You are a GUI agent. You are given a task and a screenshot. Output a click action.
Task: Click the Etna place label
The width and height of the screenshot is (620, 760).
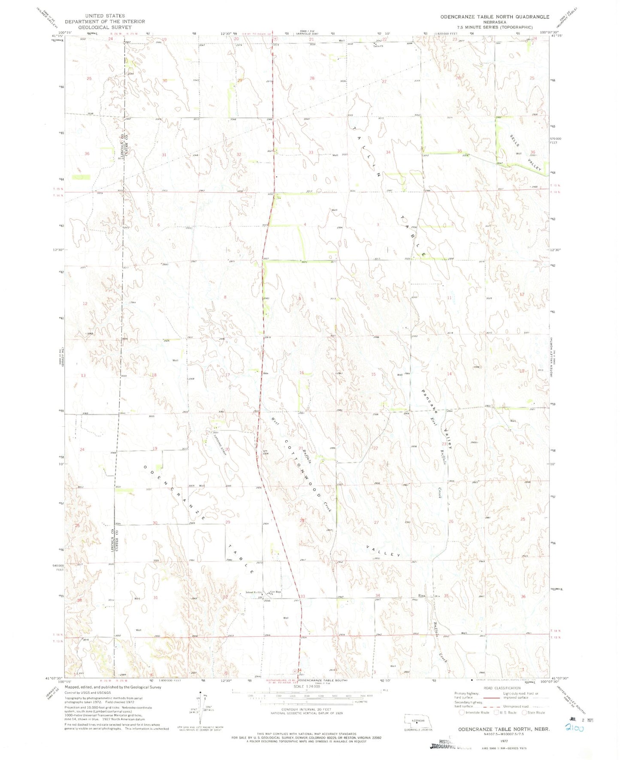click(422, 595)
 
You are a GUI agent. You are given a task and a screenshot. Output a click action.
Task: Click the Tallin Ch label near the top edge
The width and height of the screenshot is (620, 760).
click(378, 46)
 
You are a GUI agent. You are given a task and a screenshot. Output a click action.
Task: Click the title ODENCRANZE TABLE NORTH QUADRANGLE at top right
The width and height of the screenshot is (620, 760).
click(495, 17)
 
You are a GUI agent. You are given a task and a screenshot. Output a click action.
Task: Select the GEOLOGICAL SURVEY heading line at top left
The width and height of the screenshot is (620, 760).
click(105, 27)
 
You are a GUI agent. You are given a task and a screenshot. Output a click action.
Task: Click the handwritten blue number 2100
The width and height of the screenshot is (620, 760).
click(575, 728)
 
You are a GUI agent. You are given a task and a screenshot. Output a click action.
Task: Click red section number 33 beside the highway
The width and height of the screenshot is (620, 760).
click(302, 596)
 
